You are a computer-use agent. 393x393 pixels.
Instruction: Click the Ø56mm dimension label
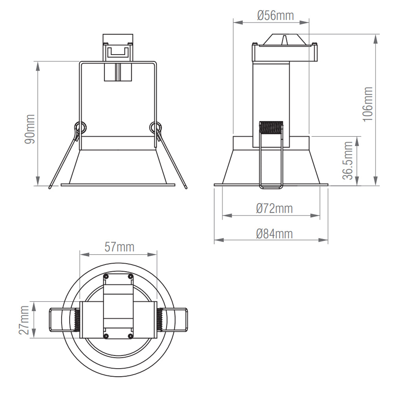click(x=275, y=16)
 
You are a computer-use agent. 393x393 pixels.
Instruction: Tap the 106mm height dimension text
click(x=368, y=104)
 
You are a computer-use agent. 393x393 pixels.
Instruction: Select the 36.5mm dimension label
click(x=348, y=160)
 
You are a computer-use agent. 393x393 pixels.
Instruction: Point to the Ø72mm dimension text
click(x=274, y=209)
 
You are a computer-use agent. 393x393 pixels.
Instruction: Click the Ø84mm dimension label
click(x=274, y=234)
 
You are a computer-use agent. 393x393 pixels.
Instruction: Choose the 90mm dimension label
click(x=29, y=129)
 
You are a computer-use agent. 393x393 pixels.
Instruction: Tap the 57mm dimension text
click(x=119, y=247)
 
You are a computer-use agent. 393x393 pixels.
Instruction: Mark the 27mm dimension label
click(x=24, y=320)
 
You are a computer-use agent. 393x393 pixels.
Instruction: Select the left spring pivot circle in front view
click(x=81, y=127)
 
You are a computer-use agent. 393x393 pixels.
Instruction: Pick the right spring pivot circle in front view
click(x=155, y=127)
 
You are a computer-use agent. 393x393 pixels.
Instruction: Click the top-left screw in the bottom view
click(x=106, y=276)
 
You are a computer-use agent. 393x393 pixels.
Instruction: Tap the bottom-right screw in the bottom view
click(x=130, y=336)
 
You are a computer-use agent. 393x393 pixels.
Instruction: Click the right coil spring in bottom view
click(x=160, y=320)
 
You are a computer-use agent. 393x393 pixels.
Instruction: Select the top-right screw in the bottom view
click(x=130, y=276)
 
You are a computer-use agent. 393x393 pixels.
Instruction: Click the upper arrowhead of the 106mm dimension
click(x=375, y=39)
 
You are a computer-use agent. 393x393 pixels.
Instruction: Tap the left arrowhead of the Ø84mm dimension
click(x=219, y=240)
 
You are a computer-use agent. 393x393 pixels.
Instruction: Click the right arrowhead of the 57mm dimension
click(x=152, y=255)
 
